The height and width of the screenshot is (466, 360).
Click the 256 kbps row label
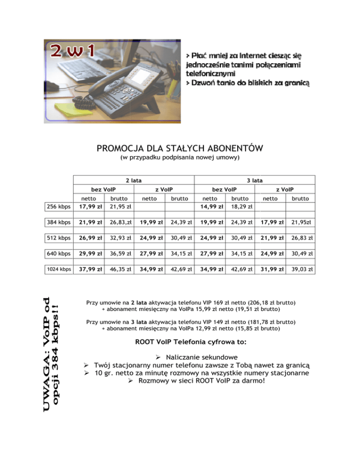pos(60,207)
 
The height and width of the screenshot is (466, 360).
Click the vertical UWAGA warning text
pos(53,353)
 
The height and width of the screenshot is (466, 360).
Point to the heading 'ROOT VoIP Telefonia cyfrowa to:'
pos(191,342)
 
